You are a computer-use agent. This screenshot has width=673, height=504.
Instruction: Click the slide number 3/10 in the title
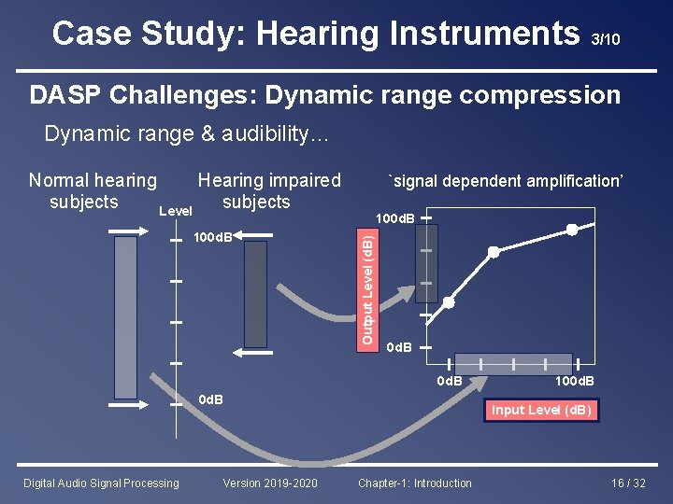coord(604,39)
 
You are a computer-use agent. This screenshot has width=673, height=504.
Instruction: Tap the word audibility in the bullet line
coord(264,134)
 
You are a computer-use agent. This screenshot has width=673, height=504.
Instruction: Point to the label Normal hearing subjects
coord(92,191)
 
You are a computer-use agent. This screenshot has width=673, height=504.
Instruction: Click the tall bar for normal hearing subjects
coord(125,316)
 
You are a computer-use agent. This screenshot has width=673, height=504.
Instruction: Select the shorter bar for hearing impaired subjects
coord(255,294)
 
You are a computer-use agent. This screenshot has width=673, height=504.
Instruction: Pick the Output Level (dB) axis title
coord(368,287)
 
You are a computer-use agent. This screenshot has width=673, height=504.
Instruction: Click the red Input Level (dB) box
coord(541,410)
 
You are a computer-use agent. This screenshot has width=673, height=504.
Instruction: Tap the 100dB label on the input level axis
coord(575,381)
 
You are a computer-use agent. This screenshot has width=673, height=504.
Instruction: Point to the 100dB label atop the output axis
coord(395,218)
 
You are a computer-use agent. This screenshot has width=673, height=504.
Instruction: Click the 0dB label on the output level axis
coord(399,347)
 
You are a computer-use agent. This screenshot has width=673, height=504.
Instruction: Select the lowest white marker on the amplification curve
coord(450,302)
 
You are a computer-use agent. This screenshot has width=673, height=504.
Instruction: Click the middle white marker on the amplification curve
coord(494,252)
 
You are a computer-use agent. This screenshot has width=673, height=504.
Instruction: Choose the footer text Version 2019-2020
coord(270,483)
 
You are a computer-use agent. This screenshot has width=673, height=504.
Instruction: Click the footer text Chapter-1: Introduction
coord(415,483)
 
